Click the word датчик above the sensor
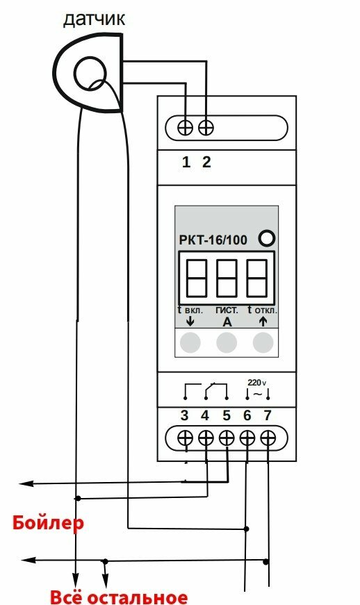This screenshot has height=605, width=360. (94, 19)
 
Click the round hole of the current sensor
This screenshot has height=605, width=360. (90, 72)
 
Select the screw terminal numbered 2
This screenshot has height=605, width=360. (206, 127)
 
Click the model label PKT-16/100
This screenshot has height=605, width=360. (213, 240)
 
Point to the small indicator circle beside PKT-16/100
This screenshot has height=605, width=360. (267, 238)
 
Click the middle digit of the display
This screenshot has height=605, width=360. (227, 279)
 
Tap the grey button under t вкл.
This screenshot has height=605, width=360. (190, 342)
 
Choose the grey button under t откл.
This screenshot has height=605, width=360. (263, 342)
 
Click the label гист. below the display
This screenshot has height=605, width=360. (227, 310)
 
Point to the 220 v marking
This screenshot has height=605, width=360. (257, 383)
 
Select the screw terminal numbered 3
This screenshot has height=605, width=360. (185, 438)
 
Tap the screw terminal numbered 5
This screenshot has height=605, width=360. (227, 438)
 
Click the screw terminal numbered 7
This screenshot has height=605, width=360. (268, 438)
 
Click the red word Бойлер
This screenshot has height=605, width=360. (48, 523)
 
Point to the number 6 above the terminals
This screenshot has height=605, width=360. (247, 415)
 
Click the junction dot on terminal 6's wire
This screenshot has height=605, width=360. (247, 529)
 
